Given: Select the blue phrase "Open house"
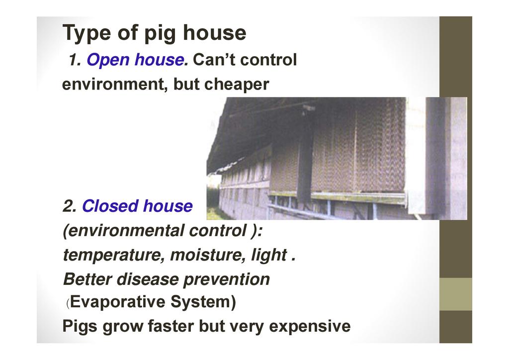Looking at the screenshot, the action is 135,60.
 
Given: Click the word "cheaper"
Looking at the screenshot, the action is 237,85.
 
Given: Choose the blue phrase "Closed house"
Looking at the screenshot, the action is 137,206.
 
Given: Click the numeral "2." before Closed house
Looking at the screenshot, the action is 70,206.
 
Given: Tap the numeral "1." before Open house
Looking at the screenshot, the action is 75,60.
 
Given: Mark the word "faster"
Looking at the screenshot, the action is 171,326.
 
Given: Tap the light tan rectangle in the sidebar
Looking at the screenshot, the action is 455,294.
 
